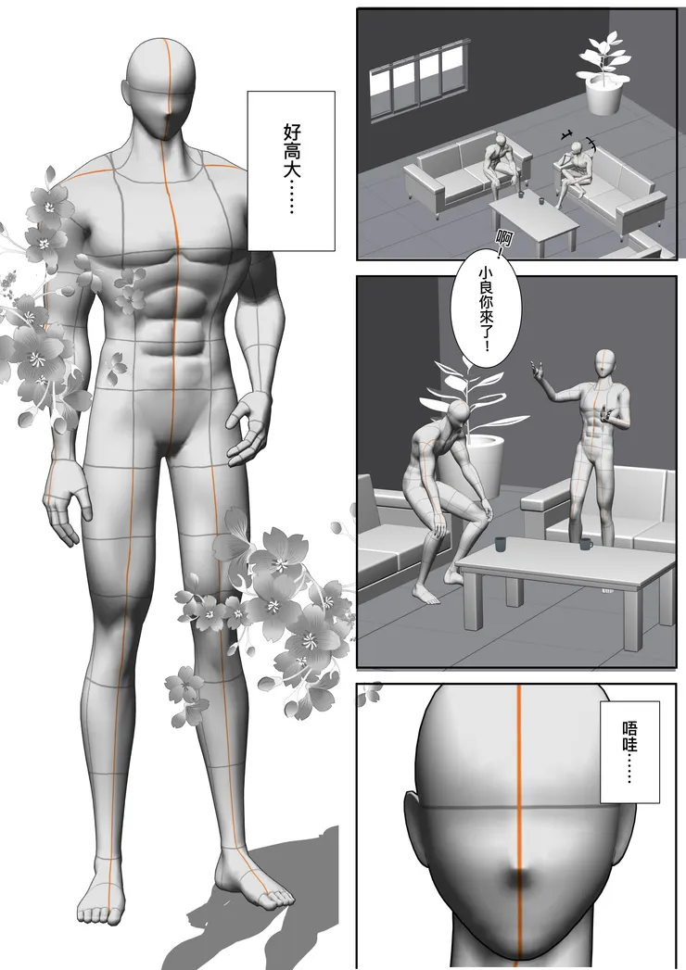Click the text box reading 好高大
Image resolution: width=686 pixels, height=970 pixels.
point(291,170)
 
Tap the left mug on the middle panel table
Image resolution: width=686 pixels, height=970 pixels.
point(501,544)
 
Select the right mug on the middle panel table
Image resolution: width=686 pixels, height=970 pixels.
point(585,545)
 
